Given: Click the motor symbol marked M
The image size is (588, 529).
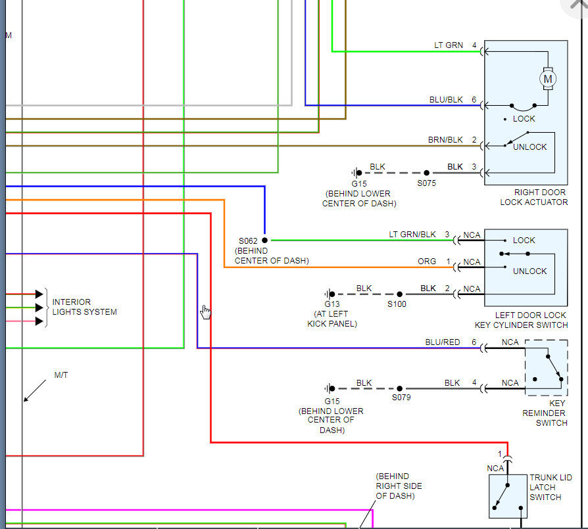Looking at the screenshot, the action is [x=548, y=79].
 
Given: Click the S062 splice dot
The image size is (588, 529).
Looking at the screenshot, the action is [x=265, y=240].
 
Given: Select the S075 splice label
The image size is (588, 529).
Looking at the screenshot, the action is [x=427, y=183].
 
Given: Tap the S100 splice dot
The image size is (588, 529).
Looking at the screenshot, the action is [x=399, y=294].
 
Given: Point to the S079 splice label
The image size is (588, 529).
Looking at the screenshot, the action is [x=401, y=398].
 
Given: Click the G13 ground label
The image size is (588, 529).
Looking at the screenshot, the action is [x=332, y=304].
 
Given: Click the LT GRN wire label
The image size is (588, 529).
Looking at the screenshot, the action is [x=449, y=45].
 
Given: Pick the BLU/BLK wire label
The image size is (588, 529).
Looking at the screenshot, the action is [x=446, y=100].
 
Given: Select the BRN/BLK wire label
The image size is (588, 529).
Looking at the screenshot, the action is [x=445, y=140].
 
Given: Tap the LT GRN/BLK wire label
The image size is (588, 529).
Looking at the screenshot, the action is [x=412, y=235].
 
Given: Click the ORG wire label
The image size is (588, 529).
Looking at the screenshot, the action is [x=427, y=261].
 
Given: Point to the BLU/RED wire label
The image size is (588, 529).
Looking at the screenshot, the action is [x=443, y=342].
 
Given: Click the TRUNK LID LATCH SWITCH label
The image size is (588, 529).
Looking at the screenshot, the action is [x=551, y=488].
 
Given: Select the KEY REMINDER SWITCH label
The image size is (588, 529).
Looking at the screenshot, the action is [x=545, y=413].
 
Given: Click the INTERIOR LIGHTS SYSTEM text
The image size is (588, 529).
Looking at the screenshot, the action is [x=84, y=307].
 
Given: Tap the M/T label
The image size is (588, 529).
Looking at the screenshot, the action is [x=61, y=375].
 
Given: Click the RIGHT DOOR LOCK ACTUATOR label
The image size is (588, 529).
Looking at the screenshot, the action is [x=533, y=197].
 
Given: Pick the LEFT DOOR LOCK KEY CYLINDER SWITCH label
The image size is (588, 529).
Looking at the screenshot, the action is [x=522, y=320].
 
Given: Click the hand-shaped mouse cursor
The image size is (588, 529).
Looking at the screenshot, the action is [x=205, y=311].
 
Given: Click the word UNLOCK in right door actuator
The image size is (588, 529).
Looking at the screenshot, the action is [x=529, y=147].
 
